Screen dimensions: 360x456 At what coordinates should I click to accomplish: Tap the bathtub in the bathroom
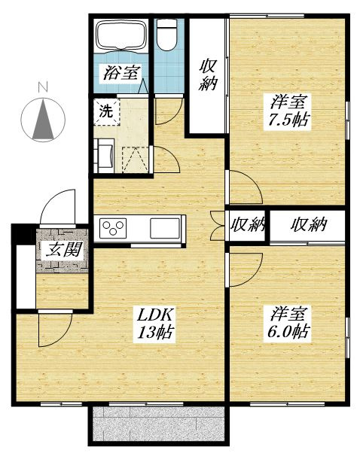pos(121,36)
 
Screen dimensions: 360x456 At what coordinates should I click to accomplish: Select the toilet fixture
pos(166,35)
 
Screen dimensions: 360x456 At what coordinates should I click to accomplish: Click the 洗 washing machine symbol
pos(106,111)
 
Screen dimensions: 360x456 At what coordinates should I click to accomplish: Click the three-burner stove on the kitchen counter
pos(113,228)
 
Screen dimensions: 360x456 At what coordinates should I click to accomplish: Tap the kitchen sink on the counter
pos(165,228)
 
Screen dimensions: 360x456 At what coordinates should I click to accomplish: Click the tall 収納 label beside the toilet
pos(208,75)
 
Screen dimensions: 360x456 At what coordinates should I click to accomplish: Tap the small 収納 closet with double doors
pos(247,225)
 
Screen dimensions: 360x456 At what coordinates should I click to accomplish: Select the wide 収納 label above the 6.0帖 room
pos(309,225)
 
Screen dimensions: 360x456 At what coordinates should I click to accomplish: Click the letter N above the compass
pos(43,87)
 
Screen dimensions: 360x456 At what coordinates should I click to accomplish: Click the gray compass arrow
pos(43,119)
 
